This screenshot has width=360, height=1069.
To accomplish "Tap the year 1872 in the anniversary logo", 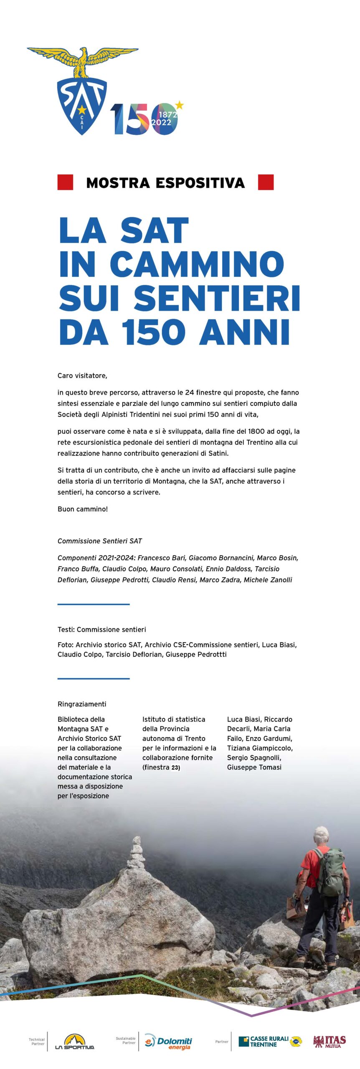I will pos(168,114).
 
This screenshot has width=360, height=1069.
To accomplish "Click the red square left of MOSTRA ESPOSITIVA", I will pos(65,182).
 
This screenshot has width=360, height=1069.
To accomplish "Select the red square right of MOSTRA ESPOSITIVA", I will pos(266,182).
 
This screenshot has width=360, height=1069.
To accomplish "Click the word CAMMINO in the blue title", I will pos(197,264).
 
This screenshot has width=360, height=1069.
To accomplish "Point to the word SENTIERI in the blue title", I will pos(217,298).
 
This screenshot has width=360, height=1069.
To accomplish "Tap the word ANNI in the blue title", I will pos(244,332).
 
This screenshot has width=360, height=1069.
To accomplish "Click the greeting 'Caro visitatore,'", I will pos(82,375).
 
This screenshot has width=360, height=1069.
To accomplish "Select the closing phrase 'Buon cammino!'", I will pos(83,509).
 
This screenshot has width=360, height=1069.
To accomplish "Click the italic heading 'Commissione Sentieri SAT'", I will pos(100,541).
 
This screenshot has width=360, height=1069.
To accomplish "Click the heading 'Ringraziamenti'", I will pos(82,704).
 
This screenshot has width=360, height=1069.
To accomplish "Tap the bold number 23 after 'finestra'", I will pos(175,768).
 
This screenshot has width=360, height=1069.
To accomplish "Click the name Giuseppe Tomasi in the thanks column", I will pos(254,767).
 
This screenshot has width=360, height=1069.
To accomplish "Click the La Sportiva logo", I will pos(75,1042).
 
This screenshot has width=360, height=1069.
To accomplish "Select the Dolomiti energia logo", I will pos(168,1042).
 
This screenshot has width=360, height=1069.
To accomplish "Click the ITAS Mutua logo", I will pos(330,1041).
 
